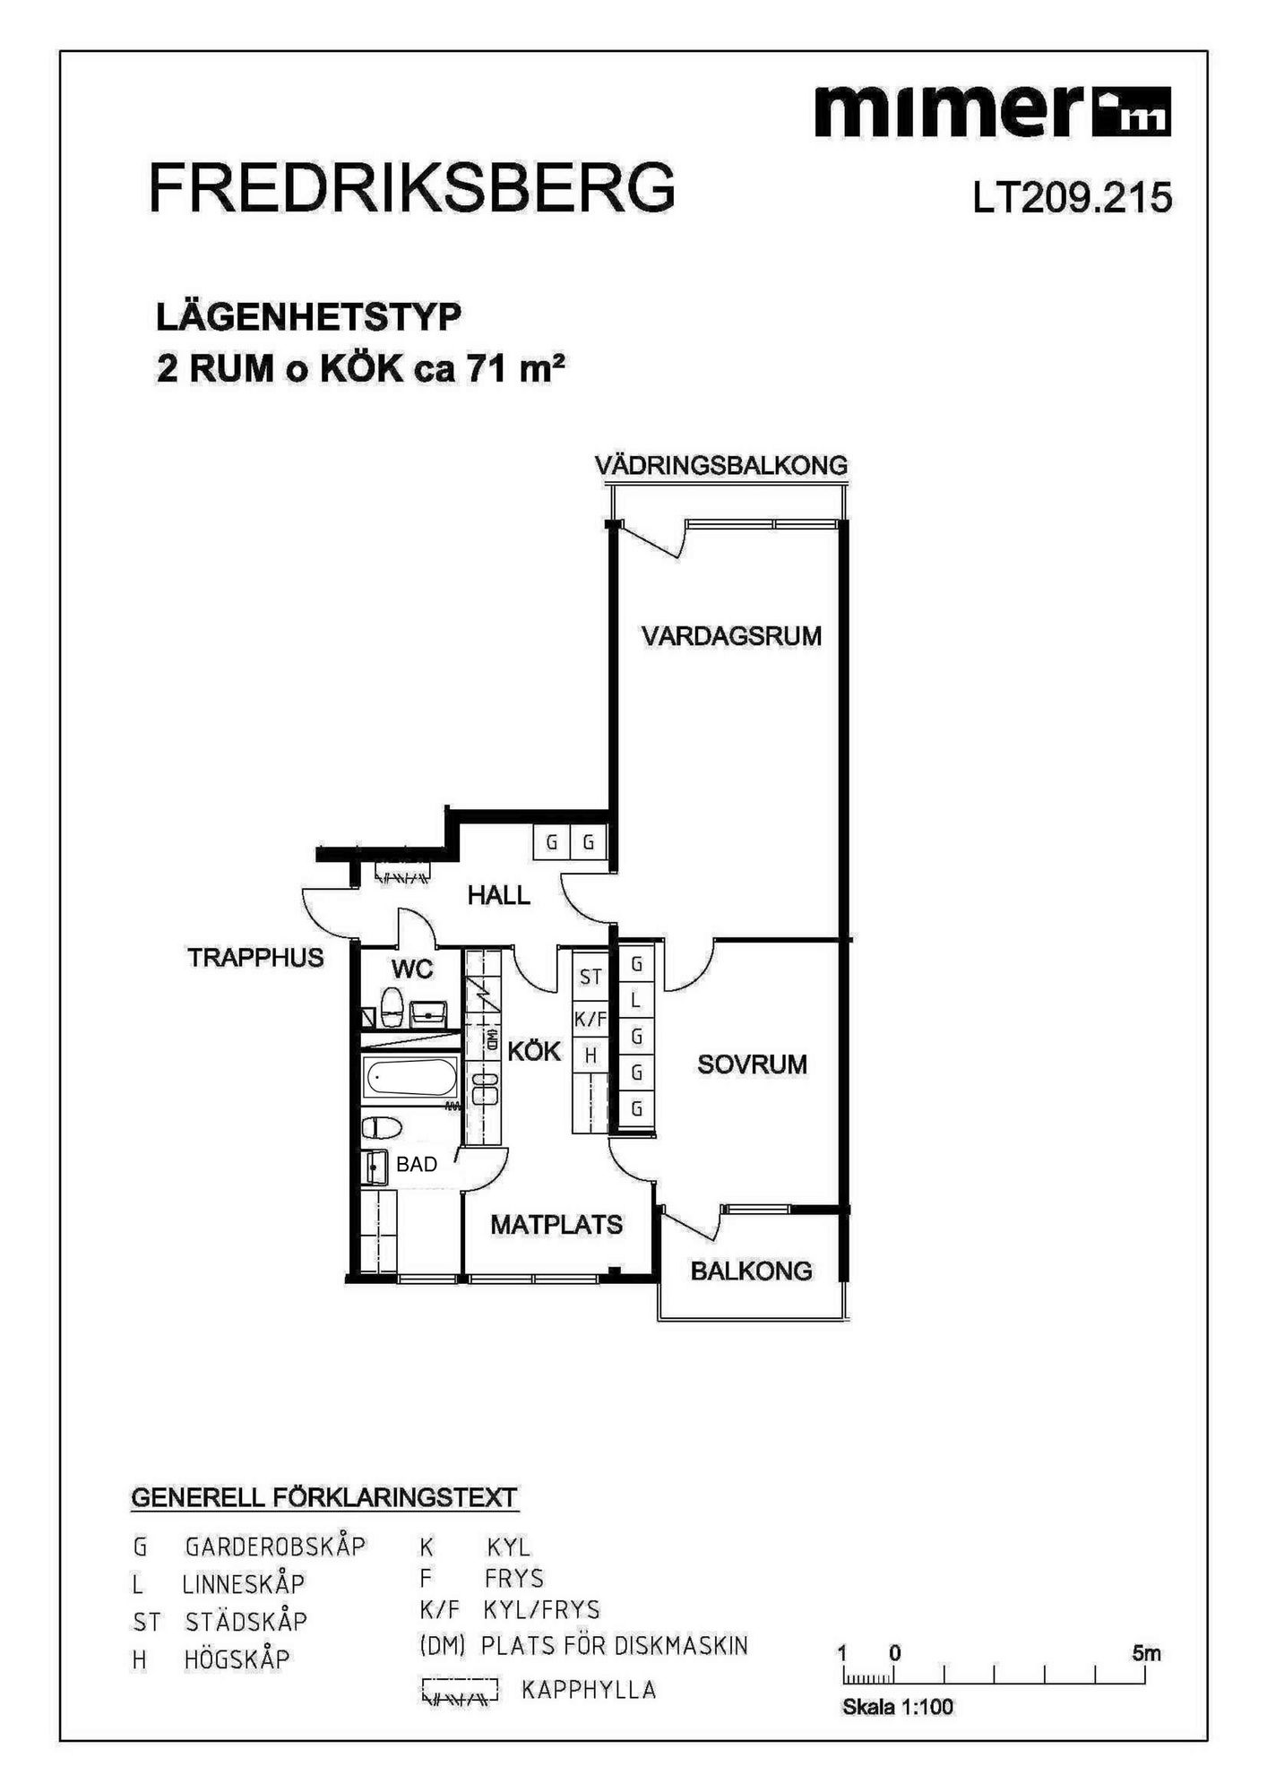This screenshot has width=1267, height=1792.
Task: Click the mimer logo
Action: click(x=992, y=111)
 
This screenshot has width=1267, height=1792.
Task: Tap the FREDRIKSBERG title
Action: click(x=412, y=188)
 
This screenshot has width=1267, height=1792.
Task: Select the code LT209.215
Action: click(x=1073, y=198)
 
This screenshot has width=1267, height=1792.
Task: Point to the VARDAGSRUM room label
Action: click(x=731, y=636)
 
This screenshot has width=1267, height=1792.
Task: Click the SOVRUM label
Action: click(x=752, y=1064)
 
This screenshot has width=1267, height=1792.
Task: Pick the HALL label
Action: click(x=498, y=894)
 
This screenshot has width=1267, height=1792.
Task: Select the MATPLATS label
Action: click(x=556, y=1224)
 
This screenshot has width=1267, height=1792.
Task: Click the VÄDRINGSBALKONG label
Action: click(x=721, y=465)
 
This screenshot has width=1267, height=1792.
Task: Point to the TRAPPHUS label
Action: click(x=255, y=957)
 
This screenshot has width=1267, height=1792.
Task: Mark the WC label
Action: click(x=412, y=969)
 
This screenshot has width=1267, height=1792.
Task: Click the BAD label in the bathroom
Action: click(x=417, y=1164)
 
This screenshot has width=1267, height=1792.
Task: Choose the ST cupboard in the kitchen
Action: click(x=590, y=977)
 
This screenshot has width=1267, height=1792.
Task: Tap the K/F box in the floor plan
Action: click(x=590, y=1019)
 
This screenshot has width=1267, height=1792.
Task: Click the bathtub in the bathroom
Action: click(x=411, y=1077)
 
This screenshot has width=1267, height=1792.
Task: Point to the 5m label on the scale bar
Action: click(x=1146, y=1652)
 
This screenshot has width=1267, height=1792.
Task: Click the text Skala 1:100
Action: click(x=898, y=1707)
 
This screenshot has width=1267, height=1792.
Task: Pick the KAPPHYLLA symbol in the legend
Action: click(x=459, y=1691)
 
